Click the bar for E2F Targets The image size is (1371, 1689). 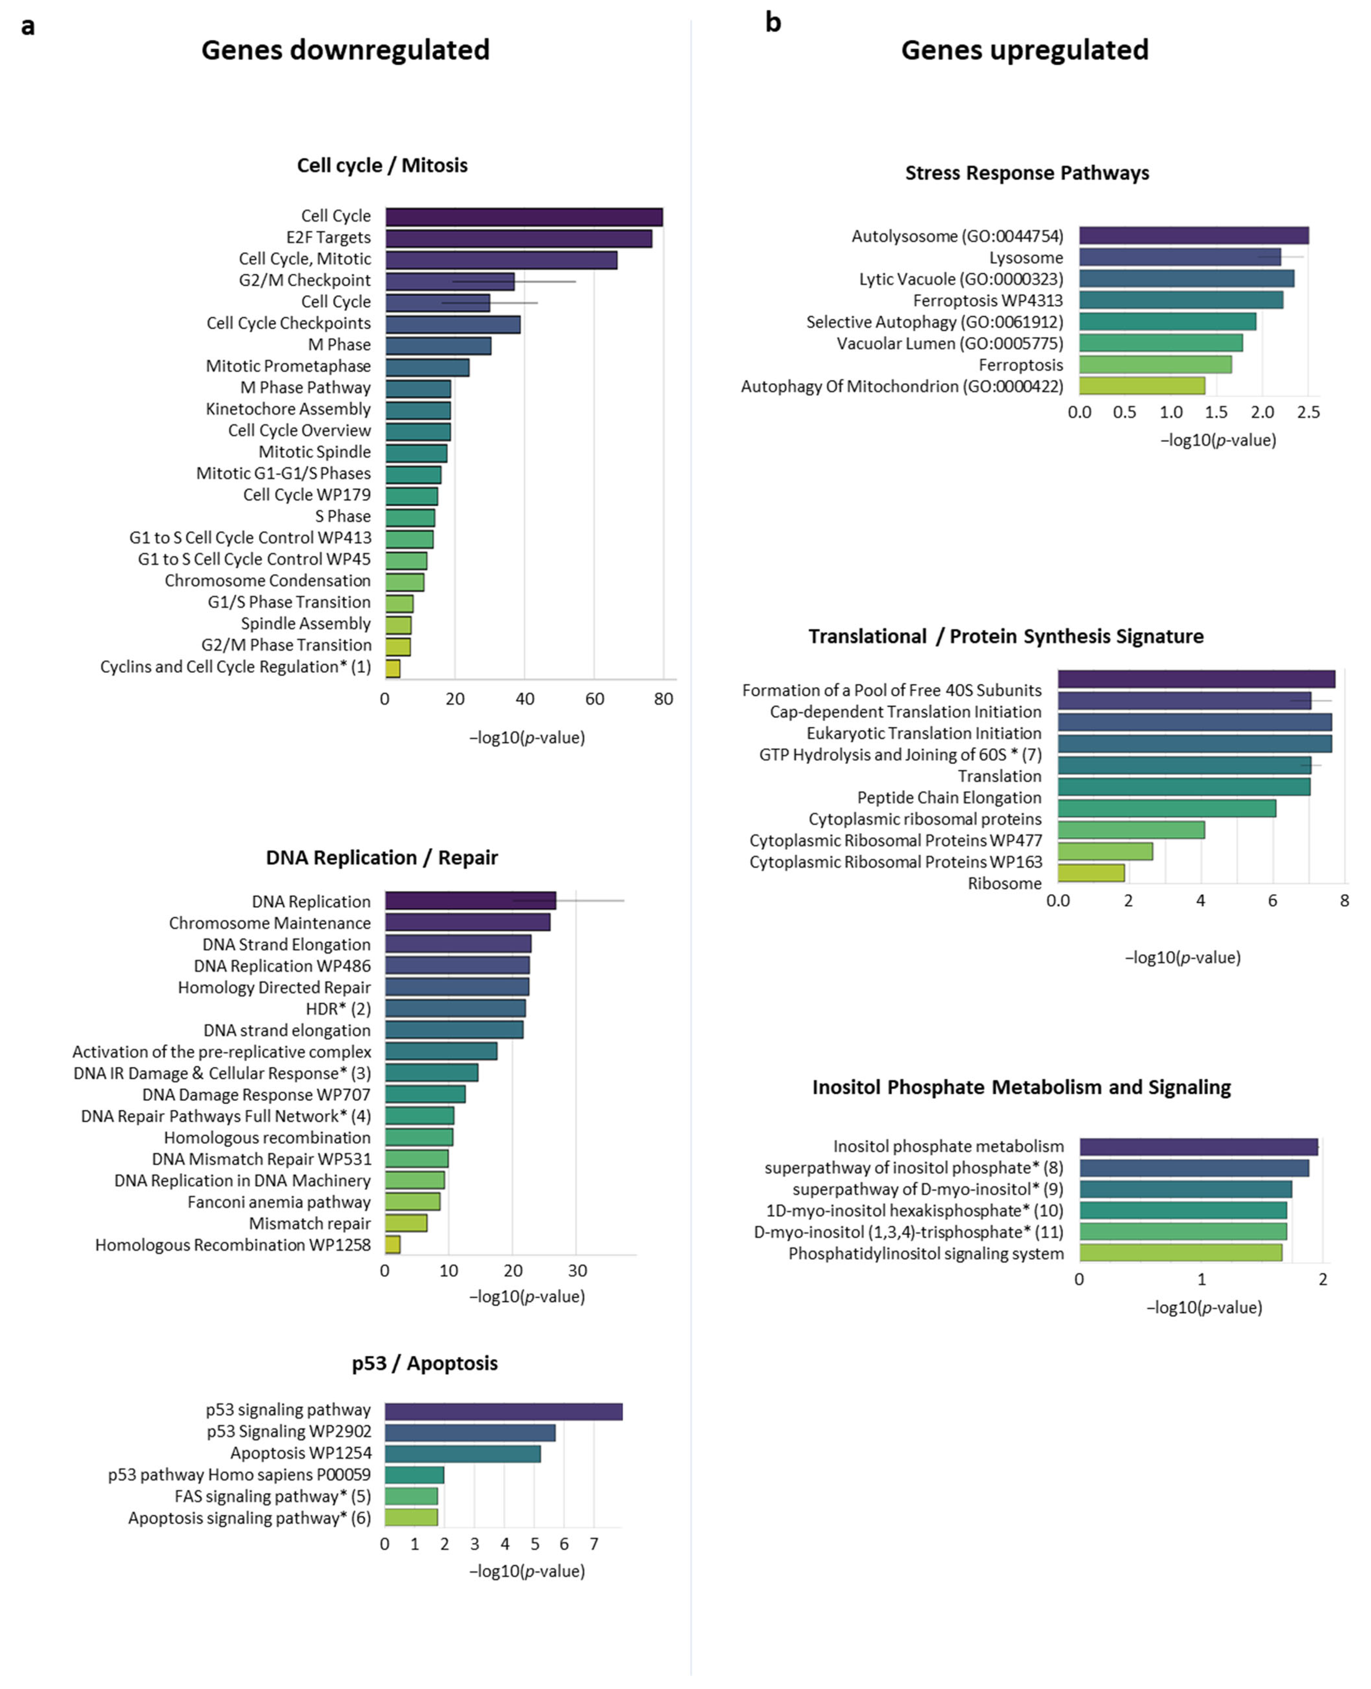tap(519, 238)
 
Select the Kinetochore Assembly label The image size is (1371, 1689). tap(288, 409)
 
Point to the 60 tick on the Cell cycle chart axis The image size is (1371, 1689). tap(594, 699)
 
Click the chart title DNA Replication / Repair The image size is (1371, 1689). tap(382, 857)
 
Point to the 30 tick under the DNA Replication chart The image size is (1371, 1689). tap(577, 1270)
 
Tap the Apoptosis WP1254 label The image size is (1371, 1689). tap(301, 1453)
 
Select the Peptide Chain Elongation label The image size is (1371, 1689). tap(949, 797)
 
